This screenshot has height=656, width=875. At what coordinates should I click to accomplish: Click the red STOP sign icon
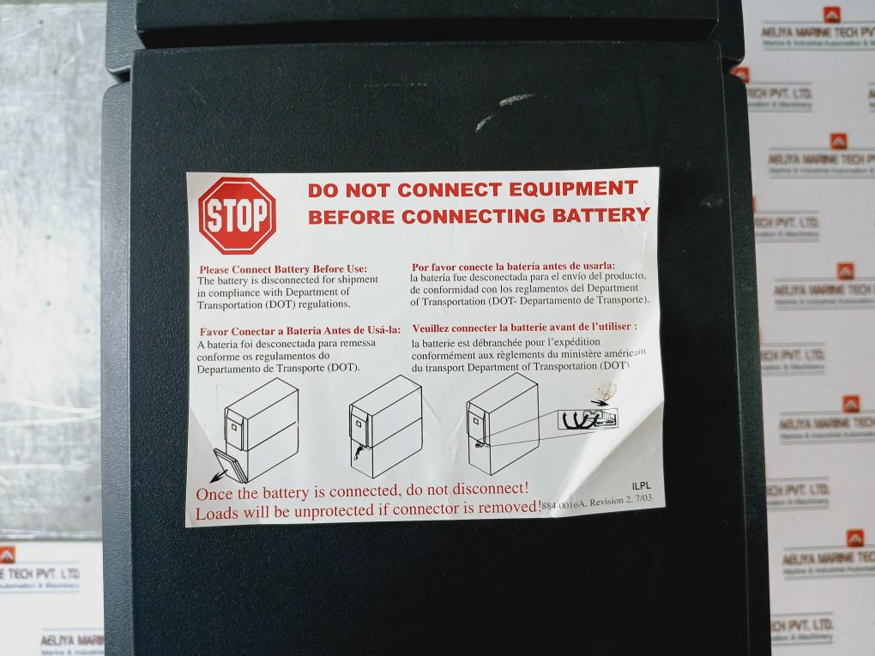(237, 215)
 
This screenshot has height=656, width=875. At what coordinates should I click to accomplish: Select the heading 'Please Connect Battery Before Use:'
(283, 269)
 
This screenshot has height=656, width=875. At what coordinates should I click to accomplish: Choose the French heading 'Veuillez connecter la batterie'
(524, 327)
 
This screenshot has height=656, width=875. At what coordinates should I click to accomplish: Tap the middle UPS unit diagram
(385, 424)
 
